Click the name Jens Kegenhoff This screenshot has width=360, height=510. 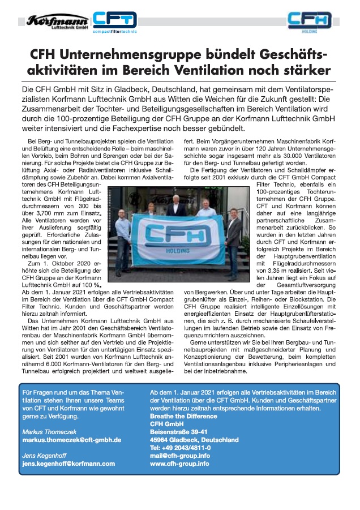coord(44,455)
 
